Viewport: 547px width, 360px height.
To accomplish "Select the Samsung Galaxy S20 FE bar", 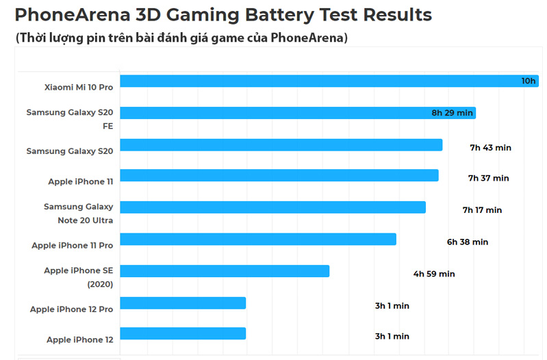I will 298,113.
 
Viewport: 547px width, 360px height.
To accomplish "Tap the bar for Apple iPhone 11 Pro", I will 258,239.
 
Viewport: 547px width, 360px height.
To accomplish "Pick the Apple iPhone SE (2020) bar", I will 225,271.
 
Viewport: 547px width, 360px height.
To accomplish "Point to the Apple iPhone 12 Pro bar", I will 183,303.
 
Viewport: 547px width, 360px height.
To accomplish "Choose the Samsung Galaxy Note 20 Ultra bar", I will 272,207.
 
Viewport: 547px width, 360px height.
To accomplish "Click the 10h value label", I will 528,81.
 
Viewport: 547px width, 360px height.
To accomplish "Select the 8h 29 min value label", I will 452,113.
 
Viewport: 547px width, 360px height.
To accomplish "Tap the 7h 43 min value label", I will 490,147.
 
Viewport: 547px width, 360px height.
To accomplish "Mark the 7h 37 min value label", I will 488,178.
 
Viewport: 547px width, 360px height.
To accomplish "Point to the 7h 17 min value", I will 482,210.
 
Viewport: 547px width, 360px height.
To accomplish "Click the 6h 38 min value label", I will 467,242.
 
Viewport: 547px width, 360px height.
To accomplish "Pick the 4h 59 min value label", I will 433,274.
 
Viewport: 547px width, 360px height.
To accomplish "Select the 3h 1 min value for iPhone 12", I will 392,336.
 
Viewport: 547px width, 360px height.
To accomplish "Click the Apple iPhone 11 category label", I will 80,181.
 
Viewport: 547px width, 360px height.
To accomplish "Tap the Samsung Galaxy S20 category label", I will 69,151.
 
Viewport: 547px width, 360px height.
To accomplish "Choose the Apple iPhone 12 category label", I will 79,339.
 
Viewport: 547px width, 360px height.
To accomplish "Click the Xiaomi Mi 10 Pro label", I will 78,88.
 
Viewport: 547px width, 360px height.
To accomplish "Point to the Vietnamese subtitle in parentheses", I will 181,38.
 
